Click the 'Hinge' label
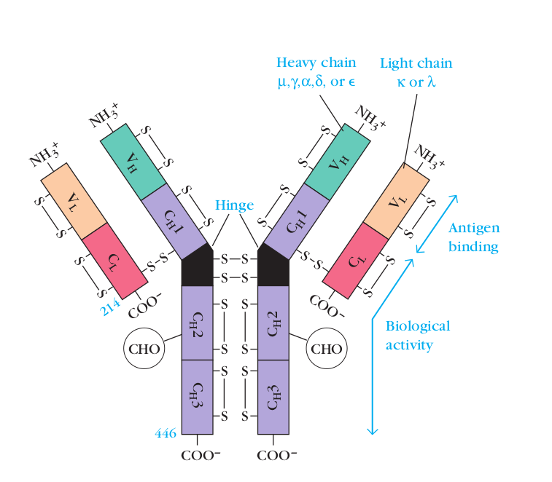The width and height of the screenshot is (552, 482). [234, 206]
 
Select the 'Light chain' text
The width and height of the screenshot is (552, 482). [416, 63]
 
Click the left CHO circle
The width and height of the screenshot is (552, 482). [144, 348]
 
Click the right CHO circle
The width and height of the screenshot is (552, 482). [326, 348]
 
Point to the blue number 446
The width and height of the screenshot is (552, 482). [166, 433]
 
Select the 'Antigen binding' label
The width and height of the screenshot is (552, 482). [473, 237]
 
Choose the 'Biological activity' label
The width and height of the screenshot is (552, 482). [418, 335]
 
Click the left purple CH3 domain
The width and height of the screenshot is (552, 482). [197, 397]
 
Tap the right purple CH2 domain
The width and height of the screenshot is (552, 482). [273, 323]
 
